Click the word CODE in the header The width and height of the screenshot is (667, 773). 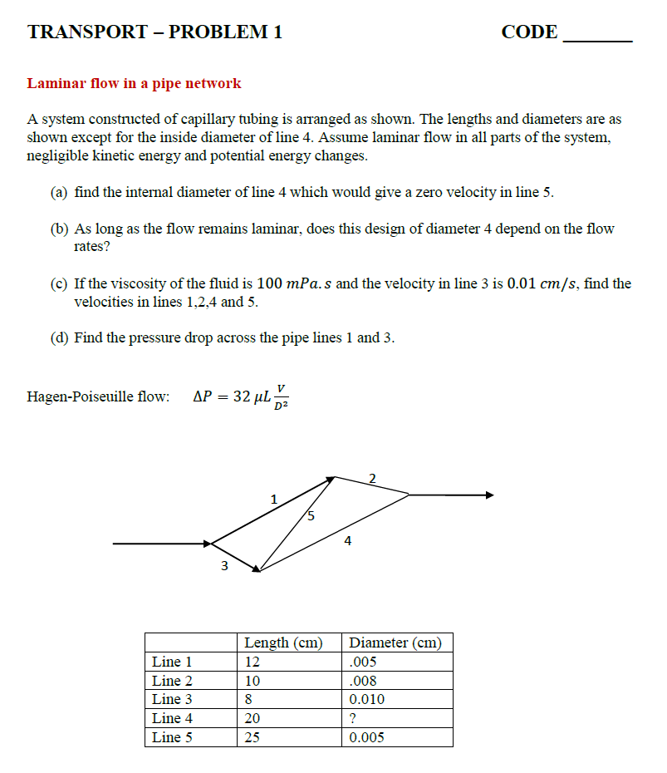pyautogui.click(x=529, y=32)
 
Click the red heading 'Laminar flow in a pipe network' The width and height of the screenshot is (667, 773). pyautogui.click(x=134, y=83)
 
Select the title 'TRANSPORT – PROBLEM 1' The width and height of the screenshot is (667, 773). pyautogui.click(x=154, y=32)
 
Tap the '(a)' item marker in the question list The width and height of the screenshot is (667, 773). pyautogui.click(x=60, y=192)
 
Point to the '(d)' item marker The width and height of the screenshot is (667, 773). pyautogui.click(x=60, y=337)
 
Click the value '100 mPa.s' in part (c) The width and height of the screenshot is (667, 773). pyautogui.click(x=294, y=283)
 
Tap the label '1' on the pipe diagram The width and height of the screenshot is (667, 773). pyautogui.click(x=273, y=500)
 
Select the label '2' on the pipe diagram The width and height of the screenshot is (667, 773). pyautogui.click(x=372, y=477)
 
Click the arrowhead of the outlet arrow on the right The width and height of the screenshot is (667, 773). pyautogui.click(x=489, y=495)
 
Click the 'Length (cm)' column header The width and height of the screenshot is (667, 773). pyautogui.click(x=282, y=643)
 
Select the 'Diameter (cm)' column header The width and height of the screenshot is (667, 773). pyautogui.click(x=395, y=643)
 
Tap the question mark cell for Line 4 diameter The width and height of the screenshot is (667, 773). pyautogui.click(x=354, y=718)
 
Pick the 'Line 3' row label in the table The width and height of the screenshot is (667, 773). pyautogui.click(x=172, y=699)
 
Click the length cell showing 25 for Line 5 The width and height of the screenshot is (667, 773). pyautogui.click(x=253, y=737)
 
